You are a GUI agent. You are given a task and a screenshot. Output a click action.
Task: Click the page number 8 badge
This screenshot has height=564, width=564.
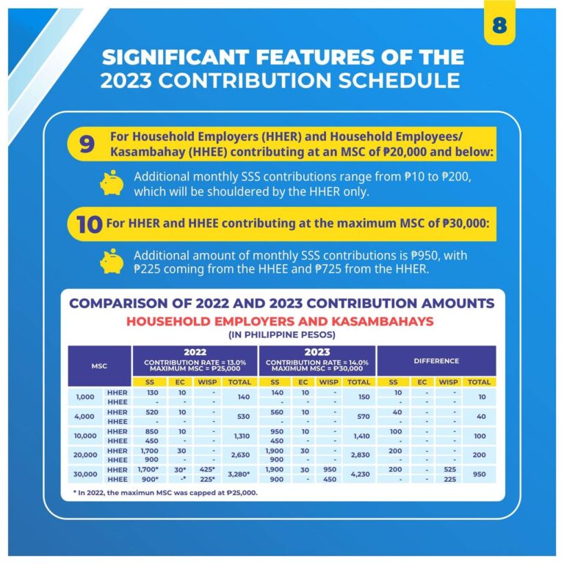pos(499,25)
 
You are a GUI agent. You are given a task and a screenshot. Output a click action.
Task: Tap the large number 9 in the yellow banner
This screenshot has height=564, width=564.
pos(87,144)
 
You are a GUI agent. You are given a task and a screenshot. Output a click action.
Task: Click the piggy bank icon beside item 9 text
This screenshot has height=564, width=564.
pos(112,182)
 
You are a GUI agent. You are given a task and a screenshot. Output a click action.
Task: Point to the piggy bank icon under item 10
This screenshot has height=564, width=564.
pos(112,261)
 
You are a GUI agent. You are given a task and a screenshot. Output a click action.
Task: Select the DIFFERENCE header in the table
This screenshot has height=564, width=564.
pos(435,361)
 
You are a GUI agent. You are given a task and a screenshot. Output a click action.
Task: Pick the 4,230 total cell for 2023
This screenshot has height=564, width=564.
pos(358,474)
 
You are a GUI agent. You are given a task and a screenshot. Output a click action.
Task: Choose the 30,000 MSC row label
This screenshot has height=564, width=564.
pos(87,474)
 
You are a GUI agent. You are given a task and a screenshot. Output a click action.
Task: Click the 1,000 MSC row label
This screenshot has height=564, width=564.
pos(87,398)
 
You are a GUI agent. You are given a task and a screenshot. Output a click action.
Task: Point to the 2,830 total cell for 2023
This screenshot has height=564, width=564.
pos(358,455)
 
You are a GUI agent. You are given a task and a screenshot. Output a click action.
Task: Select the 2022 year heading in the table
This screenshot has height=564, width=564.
pos(195,352)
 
